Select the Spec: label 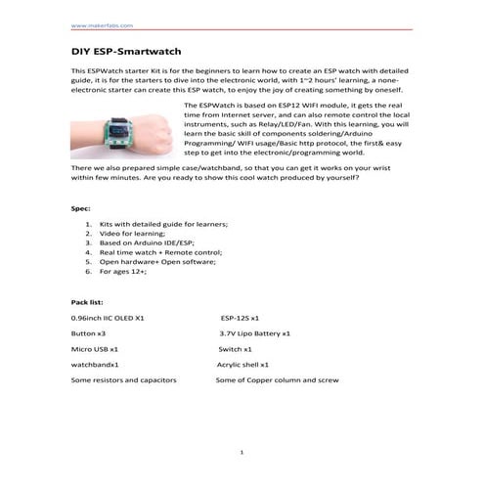(x=82, y=209)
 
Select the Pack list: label (x=90, y=304)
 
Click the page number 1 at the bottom (x=242, y=451)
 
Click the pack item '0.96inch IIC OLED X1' (x=108, y=319)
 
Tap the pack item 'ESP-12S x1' (x=240, y=319)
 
